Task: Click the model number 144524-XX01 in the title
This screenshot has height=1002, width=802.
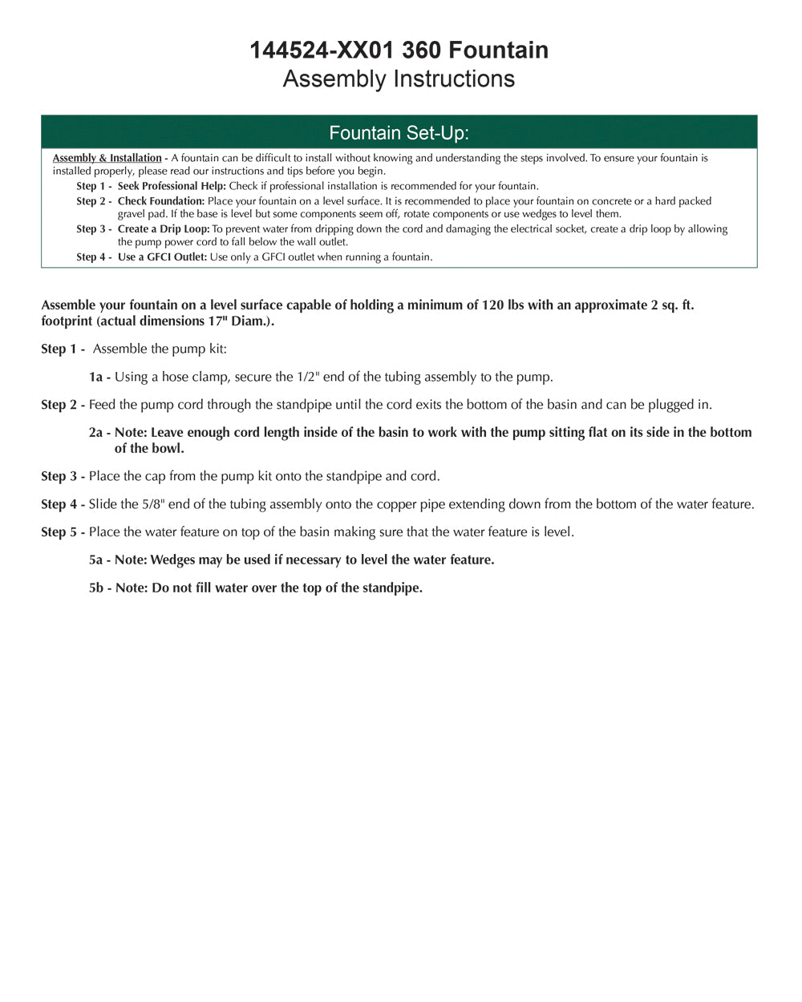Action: click(x=322, y=50)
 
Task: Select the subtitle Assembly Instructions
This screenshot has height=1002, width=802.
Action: click(x=399, y=79)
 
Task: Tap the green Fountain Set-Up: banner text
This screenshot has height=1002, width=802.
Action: click(x=399, y=132)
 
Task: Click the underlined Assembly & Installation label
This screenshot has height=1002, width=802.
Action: click(x=107, y=158)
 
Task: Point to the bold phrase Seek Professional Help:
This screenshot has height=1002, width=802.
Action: click(x=172, y=186)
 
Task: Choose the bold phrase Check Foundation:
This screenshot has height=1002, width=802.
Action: click(x=161, y=201)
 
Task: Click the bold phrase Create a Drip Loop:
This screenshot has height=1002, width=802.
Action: click(x=164, y=229)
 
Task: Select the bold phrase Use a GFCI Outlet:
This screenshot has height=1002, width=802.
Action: click(x=162, y=257)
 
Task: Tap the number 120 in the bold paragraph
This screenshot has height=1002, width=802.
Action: click(x=492, y=305)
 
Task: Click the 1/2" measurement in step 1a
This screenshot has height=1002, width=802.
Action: click(x=312, y=377)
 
